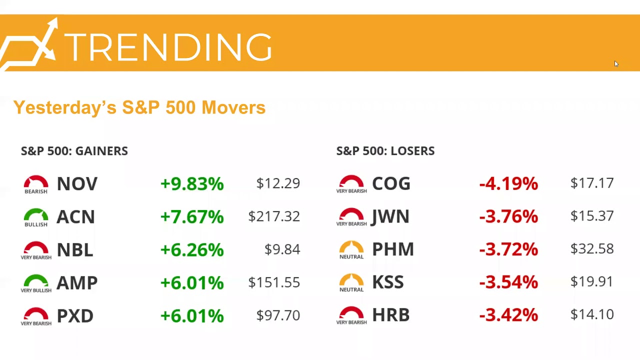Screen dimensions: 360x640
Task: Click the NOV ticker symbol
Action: (x=77, y=184)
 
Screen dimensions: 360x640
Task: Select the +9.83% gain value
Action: (x=192, y=184)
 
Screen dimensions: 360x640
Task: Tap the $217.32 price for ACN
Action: (x=274, y=216)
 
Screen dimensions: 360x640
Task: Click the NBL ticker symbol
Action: (x=75, y=250)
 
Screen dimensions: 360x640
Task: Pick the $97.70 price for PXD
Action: (x=278, y=315)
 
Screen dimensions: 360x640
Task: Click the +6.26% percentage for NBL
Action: (x=192, y=250)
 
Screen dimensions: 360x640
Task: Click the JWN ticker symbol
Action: (x=390, y=216)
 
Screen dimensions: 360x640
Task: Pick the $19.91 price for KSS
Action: (x=592, y=281)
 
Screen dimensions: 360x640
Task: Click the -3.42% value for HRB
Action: (x=508, y=315)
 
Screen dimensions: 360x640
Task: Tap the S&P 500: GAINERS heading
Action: (x=74, y=151)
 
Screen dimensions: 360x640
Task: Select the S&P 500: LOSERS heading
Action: (x=385, y=151)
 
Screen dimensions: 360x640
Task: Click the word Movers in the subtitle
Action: (x=233, y=107)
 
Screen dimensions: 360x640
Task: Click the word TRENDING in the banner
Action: (x=168, y=48)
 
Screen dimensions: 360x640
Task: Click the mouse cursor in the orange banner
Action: (x=616, y=63)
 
